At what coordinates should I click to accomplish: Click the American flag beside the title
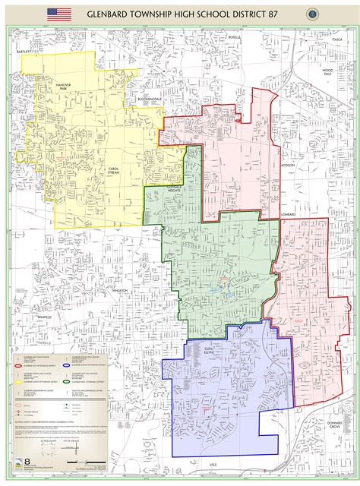tap(59, 14)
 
